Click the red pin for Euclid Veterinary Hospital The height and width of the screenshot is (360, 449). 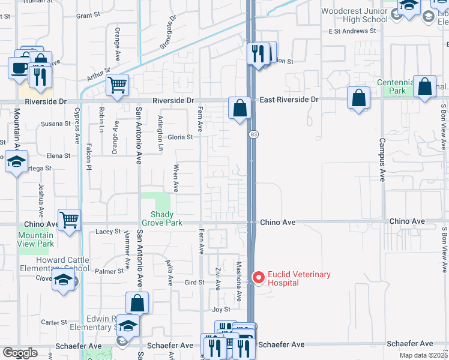(259, 278)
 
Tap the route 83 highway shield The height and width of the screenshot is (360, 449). (255, 134)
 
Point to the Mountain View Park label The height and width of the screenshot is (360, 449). (36, 240)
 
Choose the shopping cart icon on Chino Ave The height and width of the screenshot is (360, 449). (69, 220)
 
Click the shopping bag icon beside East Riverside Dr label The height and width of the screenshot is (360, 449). (240, 109)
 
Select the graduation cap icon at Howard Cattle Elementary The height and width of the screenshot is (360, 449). (63, 280)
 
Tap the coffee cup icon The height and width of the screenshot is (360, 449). (18, 67)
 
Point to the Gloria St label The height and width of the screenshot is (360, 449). (180, 137)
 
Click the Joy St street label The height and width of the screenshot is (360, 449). (221, 310)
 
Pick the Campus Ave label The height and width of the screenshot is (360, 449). (381, 160)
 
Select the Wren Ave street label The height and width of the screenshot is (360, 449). (176, 178)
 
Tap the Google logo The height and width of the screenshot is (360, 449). (20, 353)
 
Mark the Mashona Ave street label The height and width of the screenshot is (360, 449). (238, 280)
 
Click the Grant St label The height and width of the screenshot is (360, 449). (88, 14)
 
